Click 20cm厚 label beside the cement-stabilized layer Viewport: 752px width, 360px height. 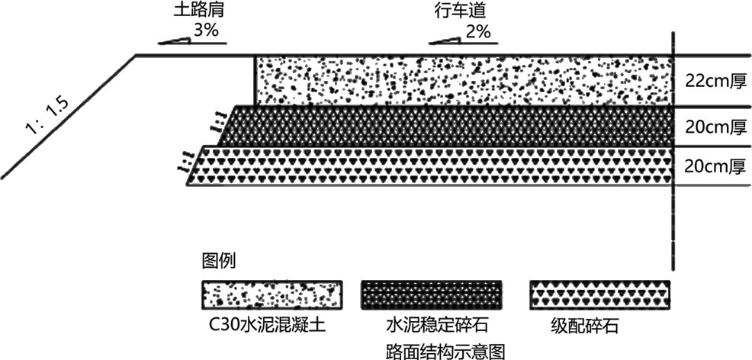click(711, 127)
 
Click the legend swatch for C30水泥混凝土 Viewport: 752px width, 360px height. click(271, 293)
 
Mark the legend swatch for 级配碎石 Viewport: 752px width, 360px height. click(600, 293)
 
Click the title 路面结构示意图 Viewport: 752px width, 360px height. click(446, 350)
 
